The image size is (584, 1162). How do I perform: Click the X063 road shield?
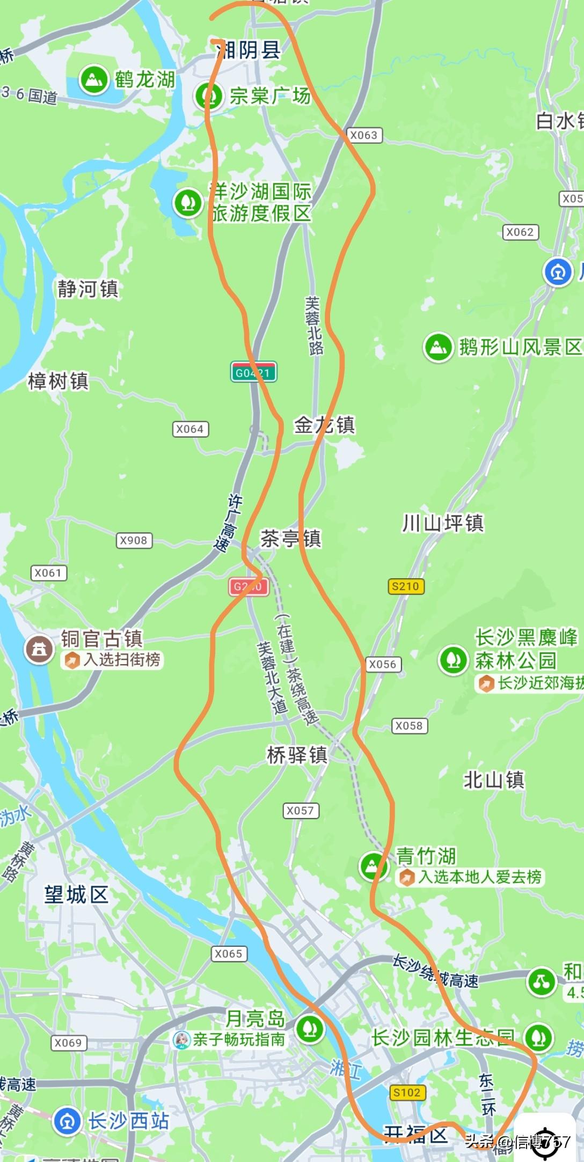tap(364, 135)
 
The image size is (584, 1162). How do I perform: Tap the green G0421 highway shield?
tap(253, 372)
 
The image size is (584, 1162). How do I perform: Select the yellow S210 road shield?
tap(406, 586)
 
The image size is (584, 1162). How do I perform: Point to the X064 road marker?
tap(190, 429)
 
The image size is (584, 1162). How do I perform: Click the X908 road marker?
tap(134, 540)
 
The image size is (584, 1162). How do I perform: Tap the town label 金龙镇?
tap(324, 425)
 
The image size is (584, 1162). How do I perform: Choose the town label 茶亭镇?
tap(290, 539)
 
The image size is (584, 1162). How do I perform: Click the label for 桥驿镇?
tap(297, 755)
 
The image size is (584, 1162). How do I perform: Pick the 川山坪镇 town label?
tap(443, 523)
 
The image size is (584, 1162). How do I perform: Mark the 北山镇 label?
tap(494, 780)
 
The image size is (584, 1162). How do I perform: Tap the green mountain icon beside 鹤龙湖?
tap(94, 80)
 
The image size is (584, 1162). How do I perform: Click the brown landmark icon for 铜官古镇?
tap(39, 649)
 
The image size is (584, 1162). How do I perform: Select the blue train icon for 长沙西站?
tap(68, 1121)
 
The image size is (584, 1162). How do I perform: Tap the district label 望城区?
tap(76, 894)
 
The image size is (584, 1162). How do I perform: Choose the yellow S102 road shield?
tap(407, 1092)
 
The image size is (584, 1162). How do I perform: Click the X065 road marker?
tap(229, 953)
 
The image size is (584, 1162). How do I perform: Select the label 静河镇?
tap(88, 289)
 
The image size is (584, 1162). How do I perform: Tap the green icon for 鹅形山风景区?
tap(439, 347)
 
